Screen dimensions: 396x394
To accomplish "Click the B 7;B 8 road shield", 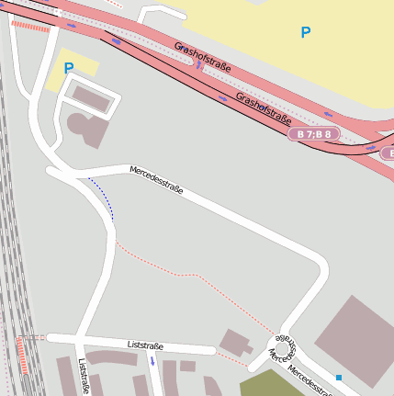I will (x=314, y=134).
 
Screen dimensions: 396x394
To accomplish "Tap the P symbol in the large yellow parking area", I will (x=306, y=33).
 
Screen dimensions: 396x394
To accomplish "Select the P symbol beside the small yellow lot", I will (x=68, y=67).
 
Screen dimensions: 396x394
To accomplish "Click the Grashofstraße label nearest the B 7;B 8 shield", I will (x=263, y=107).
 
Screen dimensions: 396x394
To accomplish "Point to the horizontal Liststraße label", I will (x=145, y=345).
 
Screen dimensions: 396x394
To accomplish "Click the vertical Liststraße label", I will (x=84, y=377).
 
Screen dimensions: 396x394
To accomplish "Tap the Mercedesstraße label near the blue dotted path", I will (x=156, y=180).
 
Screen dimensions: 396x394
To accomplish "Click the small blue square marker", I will (x=339, y=377).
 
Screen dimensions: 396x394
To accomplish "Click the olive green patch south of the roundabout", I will (x=270, y=383).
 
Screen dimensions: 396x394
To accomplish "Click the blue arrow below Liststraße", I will (x=152, y=361).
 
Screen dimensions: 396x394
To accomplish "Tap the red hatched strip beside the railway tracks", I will (x=22, y=354).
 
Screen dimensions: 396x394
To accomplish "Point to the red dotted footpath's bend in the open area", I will (x=188, y=274).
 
